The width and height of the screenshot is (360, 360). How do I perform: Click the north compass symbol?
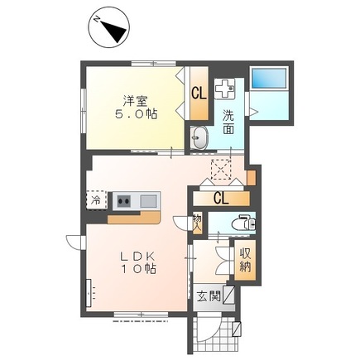click(x=109, y=27)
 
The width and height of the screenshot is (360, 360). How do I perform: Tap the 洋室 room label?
click(x=135, y=101)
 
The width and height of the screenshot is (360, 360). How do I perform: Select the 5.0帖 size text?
click(x=136, y=113)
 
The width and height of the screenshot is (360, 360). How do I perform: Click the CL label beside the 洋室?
click(x=199, y=93)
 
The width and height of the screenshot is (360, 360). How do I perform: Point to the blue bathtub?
click(x=269, y=79)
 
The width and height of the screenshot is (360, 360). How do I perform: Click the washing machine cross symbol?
click(x=224, y=88)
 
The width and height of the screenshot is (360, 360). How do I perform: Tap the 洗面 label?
click(x=228, y=122)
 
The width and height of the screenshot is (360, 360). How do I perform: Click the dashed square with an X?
click(x=220, y=170)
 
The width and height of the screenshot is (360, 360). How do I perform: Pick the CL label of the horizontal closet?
click(x=221, y=199)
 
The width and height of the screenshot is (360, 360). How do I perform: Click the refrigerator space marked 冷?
click(x=97, y=200)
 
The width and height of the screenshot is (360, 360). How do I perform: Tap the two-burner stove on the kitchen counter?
click(x=124, y=200)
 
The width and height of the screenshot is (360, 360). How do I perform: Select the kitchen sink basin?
click(x=149, y=201)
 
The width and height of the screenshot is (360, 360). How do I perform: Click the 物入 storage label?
click(x=197, y=222)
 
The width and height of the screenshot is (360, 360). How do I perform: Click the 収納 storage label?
click(x=245, y=259)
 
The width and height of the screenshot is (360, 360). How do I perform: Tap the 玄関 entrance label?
click(x=209, y=297)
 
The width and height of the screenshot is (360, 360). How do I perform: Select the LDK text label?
click(x=137, y=257)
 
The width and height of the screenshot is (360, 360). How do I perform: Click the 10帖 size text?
click(x=139, y=268)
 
